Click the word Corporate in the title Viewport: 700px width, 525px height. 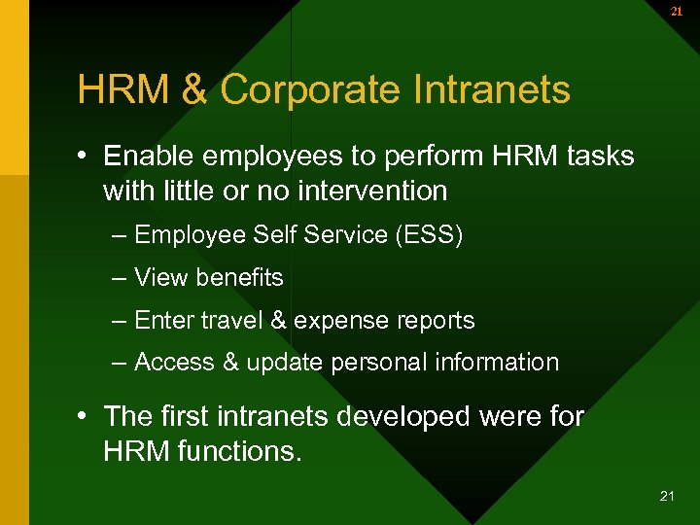tap(308, 90)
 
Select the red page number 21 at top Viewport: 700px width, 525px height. tap(676, 12)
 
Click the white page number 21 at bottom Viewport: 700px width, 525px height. tap(667, 496)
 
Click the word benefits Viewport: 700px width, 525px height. tap(239, 277)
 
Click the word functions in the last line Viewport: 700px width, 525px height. tap(238, 451)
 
